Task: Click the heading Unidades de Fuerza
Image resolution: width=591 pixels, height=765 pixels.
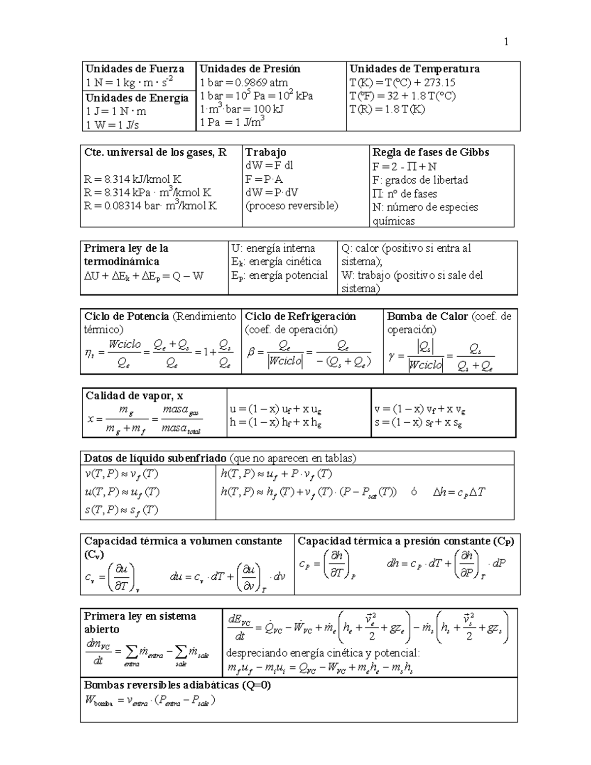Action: (134, 69)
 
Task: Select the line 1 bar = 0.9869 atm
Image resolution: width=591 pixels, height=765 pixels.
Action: (244, 82)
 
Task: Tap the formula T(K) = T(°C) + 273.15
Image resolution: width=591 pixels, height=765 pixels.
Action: (402, 82)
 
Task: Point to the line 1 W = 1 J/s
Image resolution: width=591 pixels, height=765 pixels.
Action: (112, 125)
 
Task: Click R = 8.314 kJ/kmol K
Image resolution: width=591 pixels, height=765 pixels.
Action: (133, 179)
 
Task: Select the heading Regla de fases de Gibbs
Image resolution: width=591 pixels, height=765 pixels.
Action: (430, 152)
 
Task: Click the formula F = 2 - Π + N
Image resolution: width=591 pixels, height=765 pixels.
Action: (404, 166)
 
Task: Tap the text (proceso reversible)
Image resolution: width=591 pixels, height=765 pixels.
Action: (292, 206)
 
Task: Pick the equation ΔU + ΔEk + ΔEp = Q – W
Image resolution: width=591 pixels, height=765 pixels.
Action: (144, 276)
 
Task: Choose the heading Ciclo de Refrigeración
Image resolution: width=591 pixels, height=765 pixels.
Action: (300, 316)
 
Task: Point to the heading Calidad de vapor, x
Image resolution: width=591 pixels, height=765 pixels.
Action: (134, 396)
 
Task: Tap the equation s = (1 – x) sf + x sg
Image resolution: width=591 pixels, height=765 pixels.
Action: (418, 422)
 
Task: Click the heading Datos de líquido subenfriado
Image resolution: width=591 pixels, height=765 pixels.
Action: (155, 458)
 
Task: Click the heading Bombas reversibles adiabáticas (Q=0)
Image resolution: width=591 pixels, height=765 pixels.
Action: (177, 685)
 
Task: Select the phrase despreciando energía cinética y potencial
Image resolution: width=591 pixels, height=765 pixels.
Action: (323, 653)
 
